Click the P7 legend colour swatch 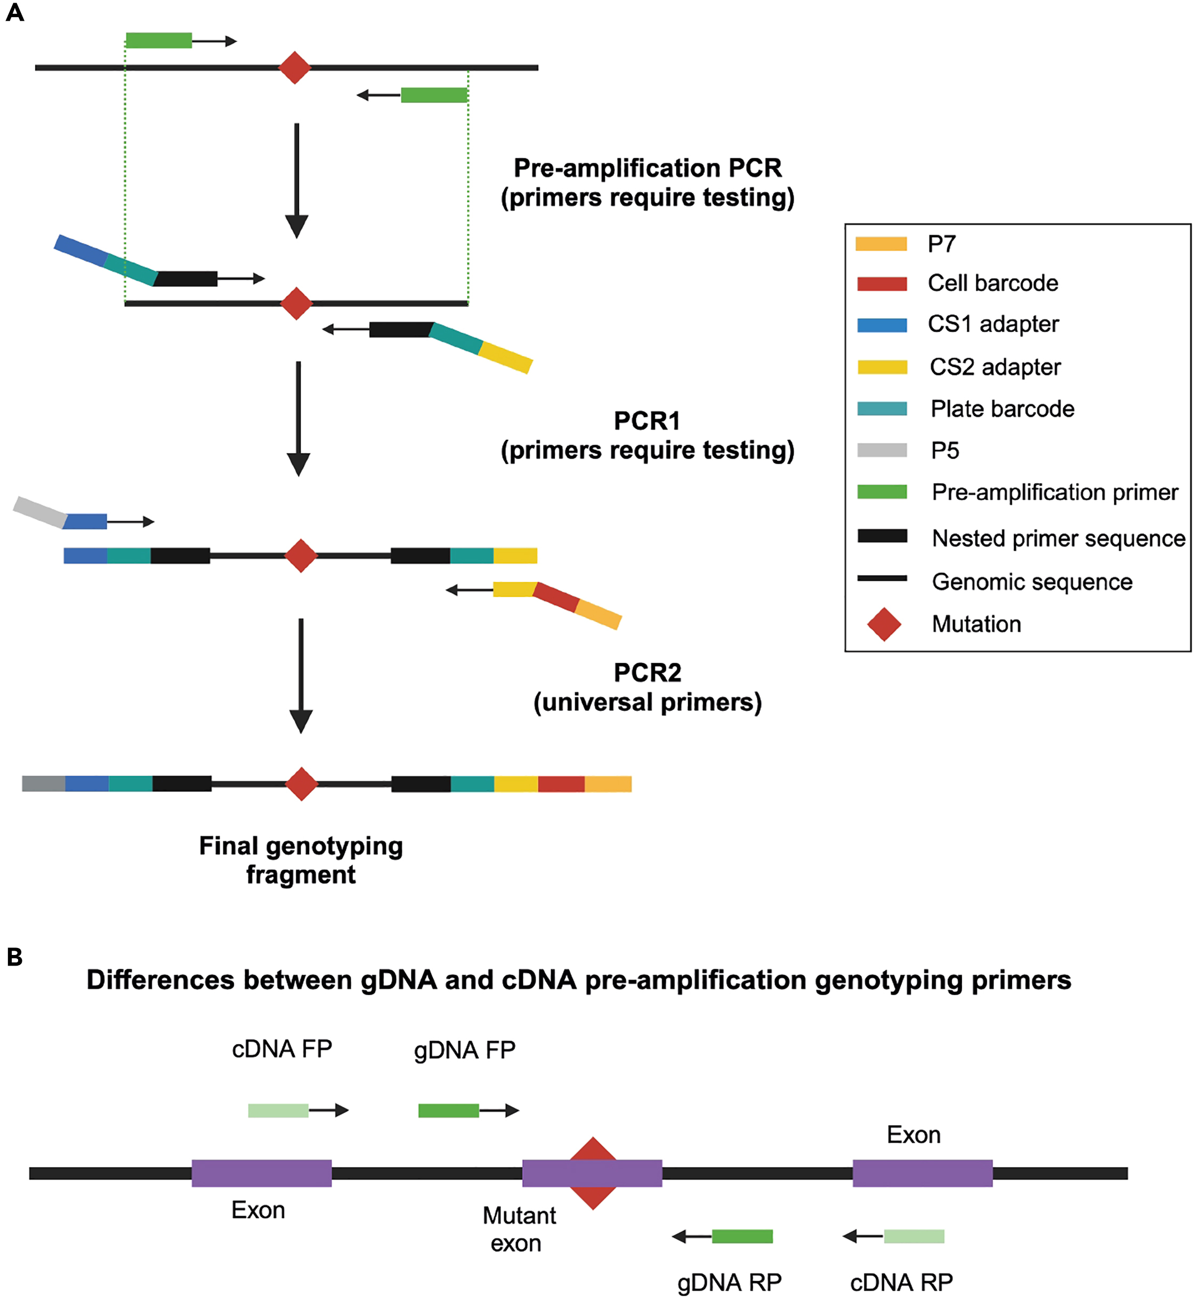881,244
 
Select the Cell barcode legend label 993,283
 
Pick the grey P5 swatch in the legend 882,450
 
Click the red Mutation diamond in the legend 884,624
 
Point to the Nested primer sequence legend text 1058,538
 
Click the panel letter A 14,12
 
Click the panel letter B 14,957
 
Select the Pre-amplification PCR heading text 647,168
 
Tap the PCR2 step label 647,673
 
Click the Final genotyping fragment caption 301,860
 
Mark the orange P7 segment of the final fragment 608,784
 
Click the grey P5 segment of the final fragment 43,784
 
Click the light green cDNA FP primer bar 278,1111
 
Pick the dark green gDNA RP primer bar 742,1236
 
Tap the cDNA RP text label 901,1282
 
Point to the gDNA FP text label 465,1050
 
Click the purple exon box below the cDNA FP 262,1174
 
